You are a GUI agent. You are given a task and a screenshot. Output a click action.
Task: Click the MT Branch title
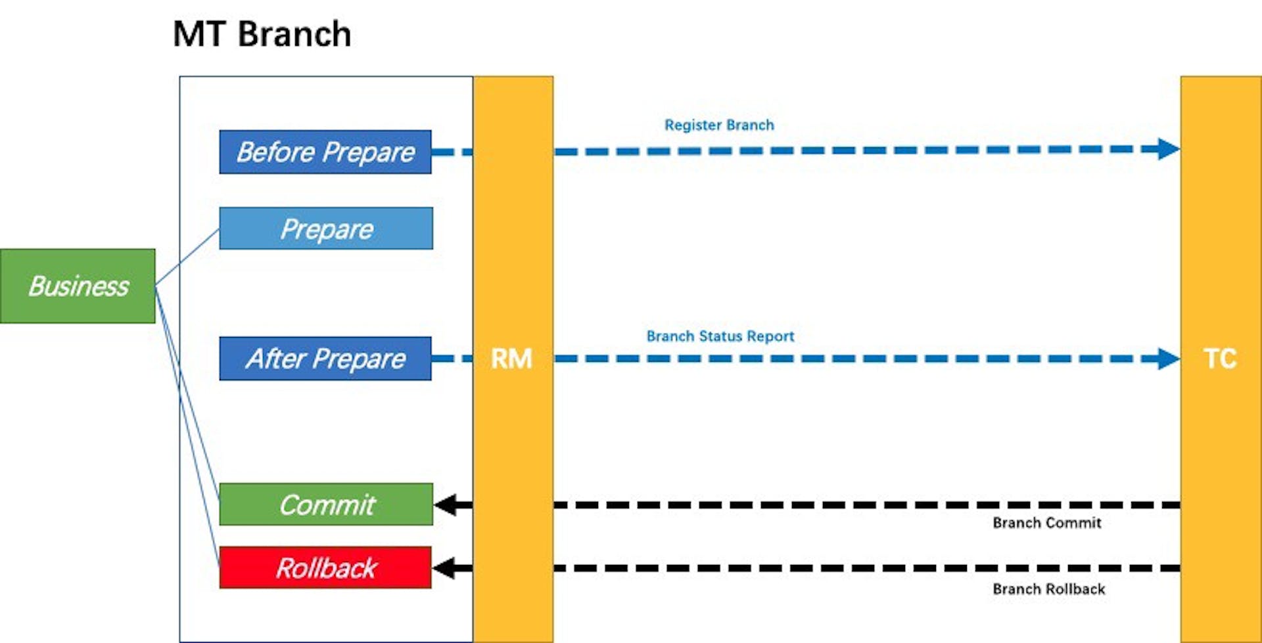pyautogui.click(x=262, y=34)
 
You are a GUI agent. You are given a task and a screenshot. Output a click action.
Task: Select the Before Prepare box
pyautogui.click(x=325, y=152)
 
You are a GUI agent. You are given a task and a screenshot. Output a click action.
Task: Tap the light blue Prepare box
pyautogui.click(x=326, y=229)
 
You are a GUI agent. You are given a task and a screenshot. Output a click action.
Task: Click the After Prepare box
pyautogui.click(x=325, y=359)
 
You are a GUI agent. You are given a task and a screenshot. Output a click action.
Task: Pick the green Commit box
pyautogui.click(x=326, y=504)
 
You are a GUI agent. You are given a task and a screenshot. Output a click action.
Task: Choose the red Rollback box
pyautogui.click(x=325, y=567)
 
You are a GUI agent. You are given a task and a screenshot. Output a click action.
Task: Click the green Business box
pyautogui.click(x=78, y=286)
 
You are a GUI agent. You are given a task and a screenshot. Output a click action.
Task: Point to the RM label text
pyautogui.click(x=511, y=359)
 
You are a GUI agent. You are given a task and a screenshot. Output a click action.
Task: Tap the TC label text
pyautogui.click(x=1220, y=359)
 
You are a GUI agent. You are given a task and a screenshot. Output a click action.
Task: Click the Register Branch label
pyautogui.click(x=719, y=125)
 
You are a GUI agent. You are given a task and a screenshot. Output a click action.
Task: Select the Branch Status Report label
pyautogui.click(x=720, y=336)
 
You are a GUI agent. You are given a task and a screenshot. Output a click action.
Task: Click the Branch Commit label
pyautogui.click(x=1046, y=523)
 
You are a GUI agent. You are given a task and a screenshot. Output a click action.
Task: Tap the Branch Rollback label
pyautogui.click(x=1048, y=589)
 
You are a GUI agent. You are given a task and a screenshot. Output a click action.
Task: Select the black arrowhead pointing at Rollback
pyautogui.click(x=446, y=567)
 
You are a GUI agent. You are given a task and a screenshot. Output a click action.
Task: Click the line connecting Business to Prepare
pyautogui.click(x=187, y=257)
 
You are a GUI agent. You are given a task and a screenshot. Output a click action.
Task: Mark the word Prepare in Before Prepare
pyautogui.click(x=369, y=152)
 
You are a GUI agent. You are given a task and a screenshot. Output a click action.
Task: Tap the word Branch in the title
pyautogui.click(x=294, y=34)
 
